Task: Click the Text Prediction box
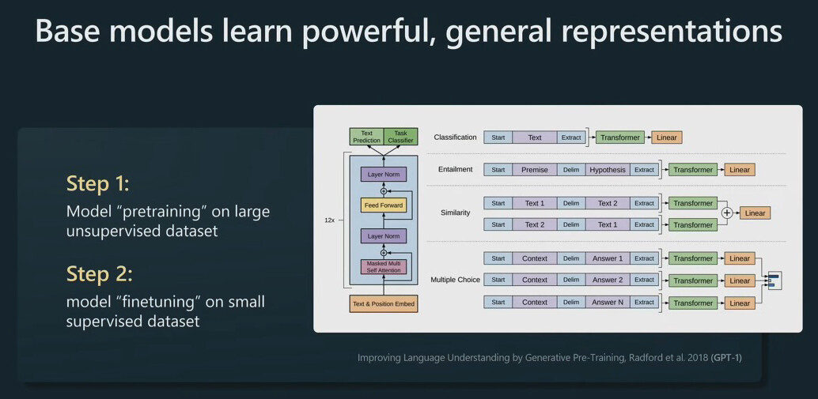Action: (x=366, y=137)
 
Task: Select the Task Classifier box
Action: (x=400, y=137)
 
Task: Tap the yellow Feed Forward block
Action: (x=384, y=205)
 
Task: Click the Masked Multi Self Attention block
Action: (x=384, y=267)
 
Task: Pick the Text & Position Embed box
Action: (x=384, y=303)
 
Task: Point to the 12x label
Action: (x=329, y=220)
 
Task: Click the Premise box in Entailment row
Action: (x=535, y=170)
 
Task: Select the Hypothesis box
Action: (x=608, y=170)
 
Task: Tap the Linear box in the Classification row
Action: (x=667, y=137)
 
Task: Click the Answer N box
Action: (x=608, y=302)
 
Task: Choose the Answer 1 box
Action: (x=608, y=258)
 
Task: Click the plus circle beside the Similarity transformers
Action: (x=727, y=213)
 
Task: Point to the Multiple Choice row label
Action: (x=455, y=280)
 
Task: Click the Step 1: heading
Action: (x=97, y=184)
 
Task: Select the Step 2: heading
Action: (x=99, y=274)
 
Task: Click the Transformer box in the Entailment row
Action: (x=693, y=170)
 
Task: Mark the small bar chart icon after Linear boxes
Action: (x=774, y=280)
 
